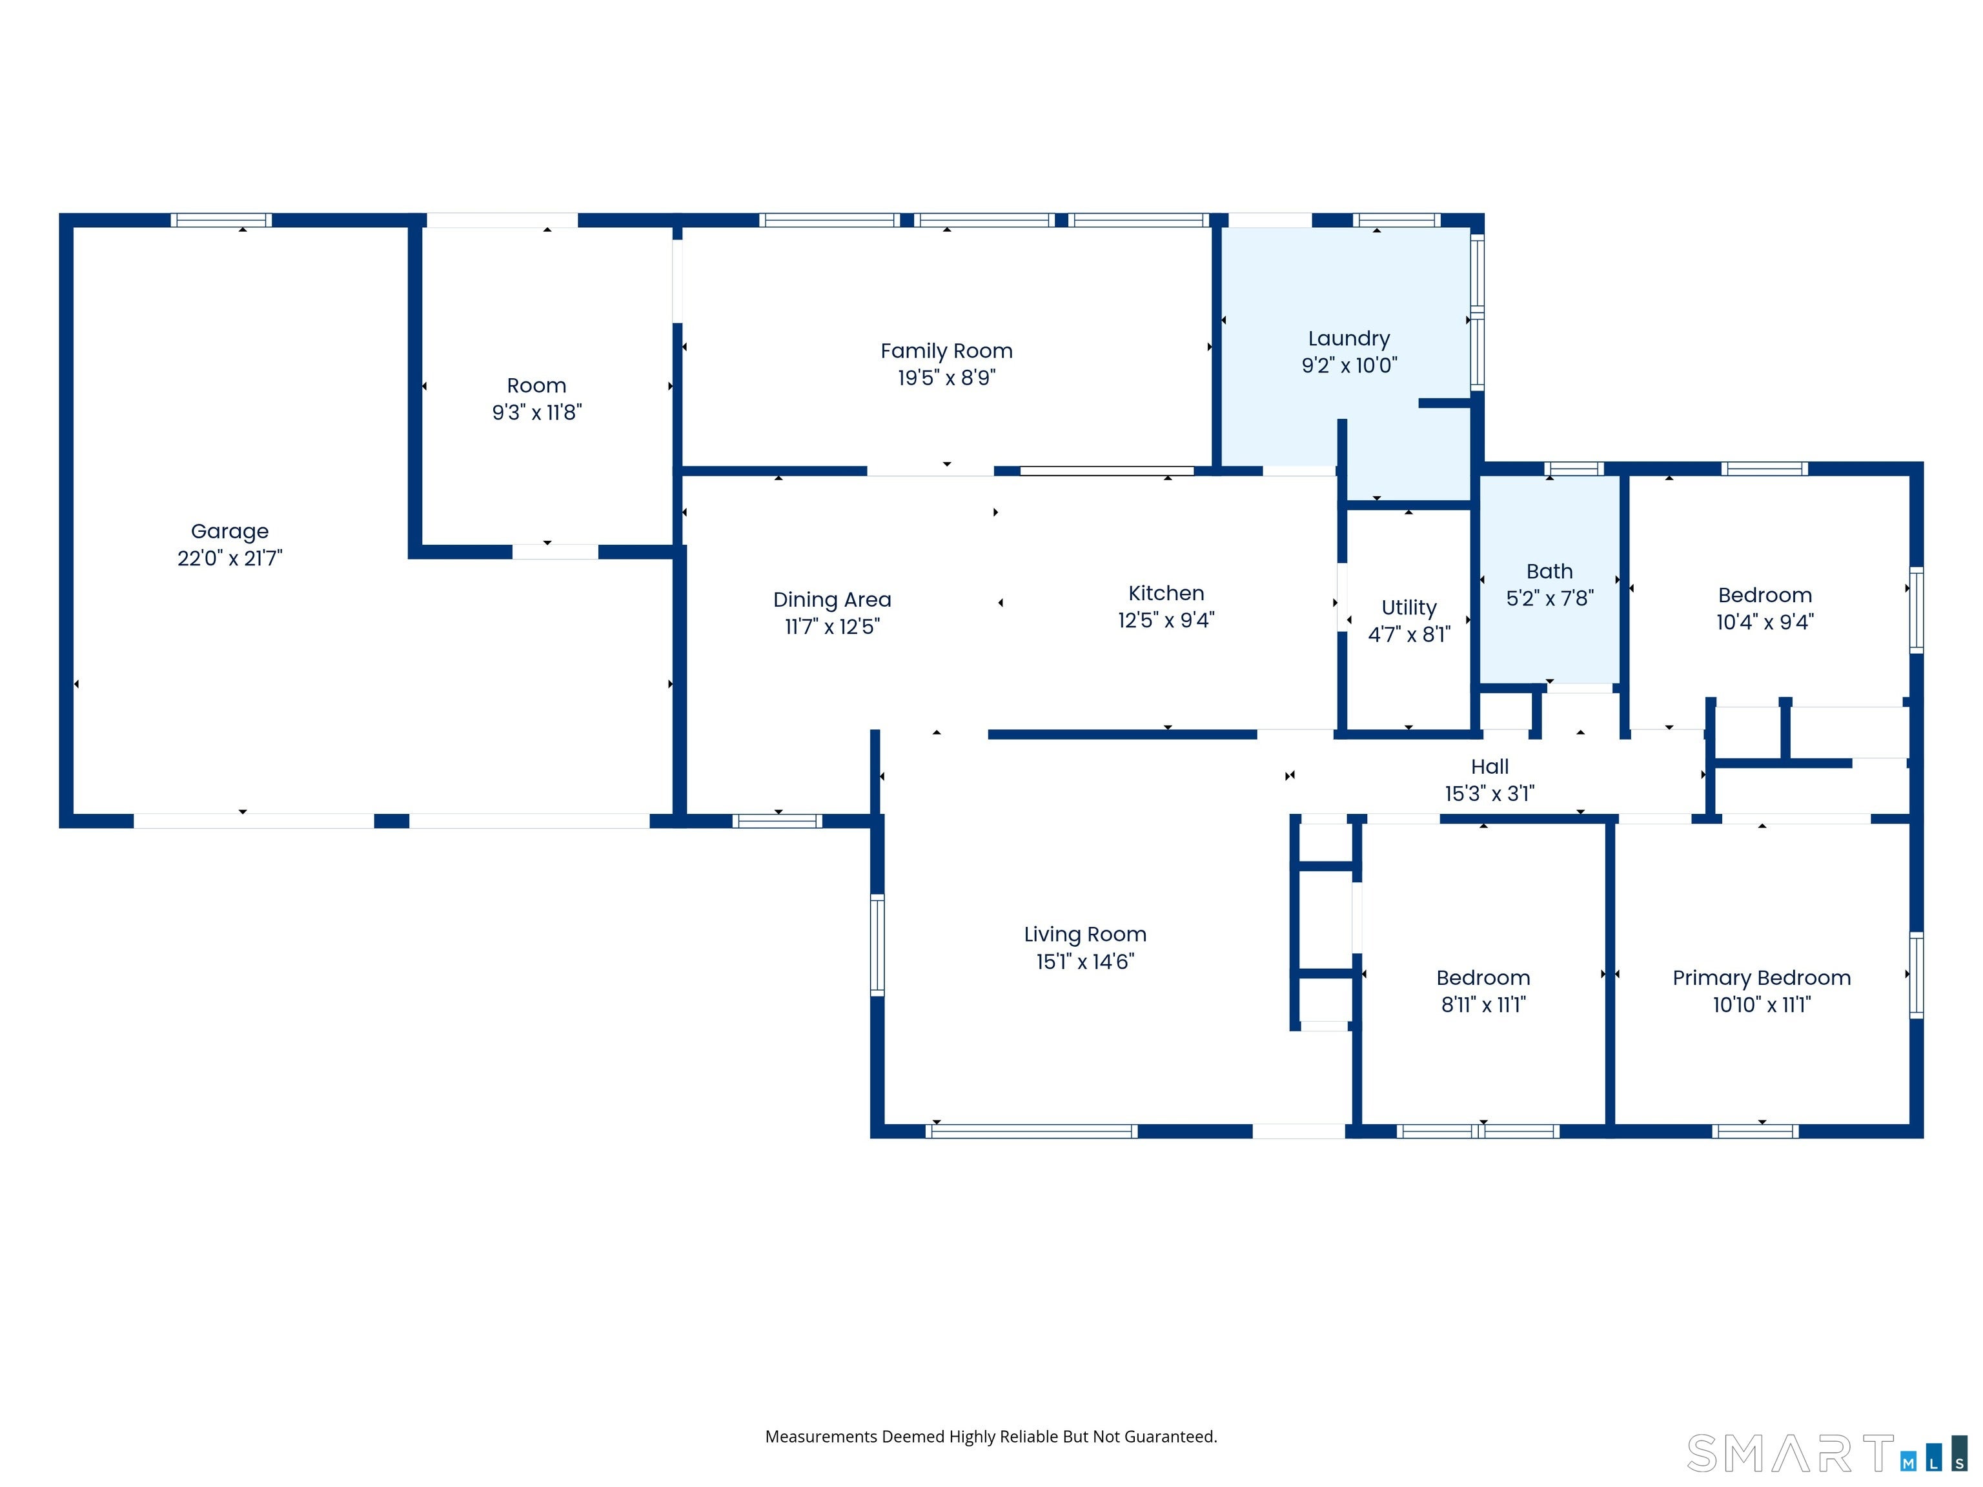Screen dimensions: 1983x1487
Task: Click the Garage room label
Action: (230, 532)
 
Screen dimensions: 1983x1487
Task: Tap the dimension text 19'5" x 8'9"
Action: (947, 378)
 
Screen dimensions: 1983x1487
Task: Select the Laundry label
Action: (1348, 339)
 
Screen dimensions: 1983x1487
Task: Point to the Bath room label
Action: (1549, 571)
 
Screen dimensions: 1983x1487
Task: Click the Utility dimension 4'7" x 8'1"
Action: (1408, 634)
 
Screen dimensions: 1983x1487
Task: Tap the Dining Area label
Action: (832, 600)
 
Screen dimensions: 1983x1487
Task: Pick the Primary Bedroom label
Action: (1762, 978)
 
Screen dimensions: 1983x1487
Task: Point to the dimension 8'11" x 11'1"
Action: (1483, 1005)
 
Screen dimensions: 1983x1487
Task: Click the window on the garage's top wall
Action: (221, 219)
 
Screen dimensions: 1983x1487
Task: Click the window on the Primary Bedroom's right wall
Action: (1916, 975)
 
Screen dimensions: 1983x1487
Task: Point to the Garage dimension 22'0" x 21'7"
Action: (230, 558)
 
